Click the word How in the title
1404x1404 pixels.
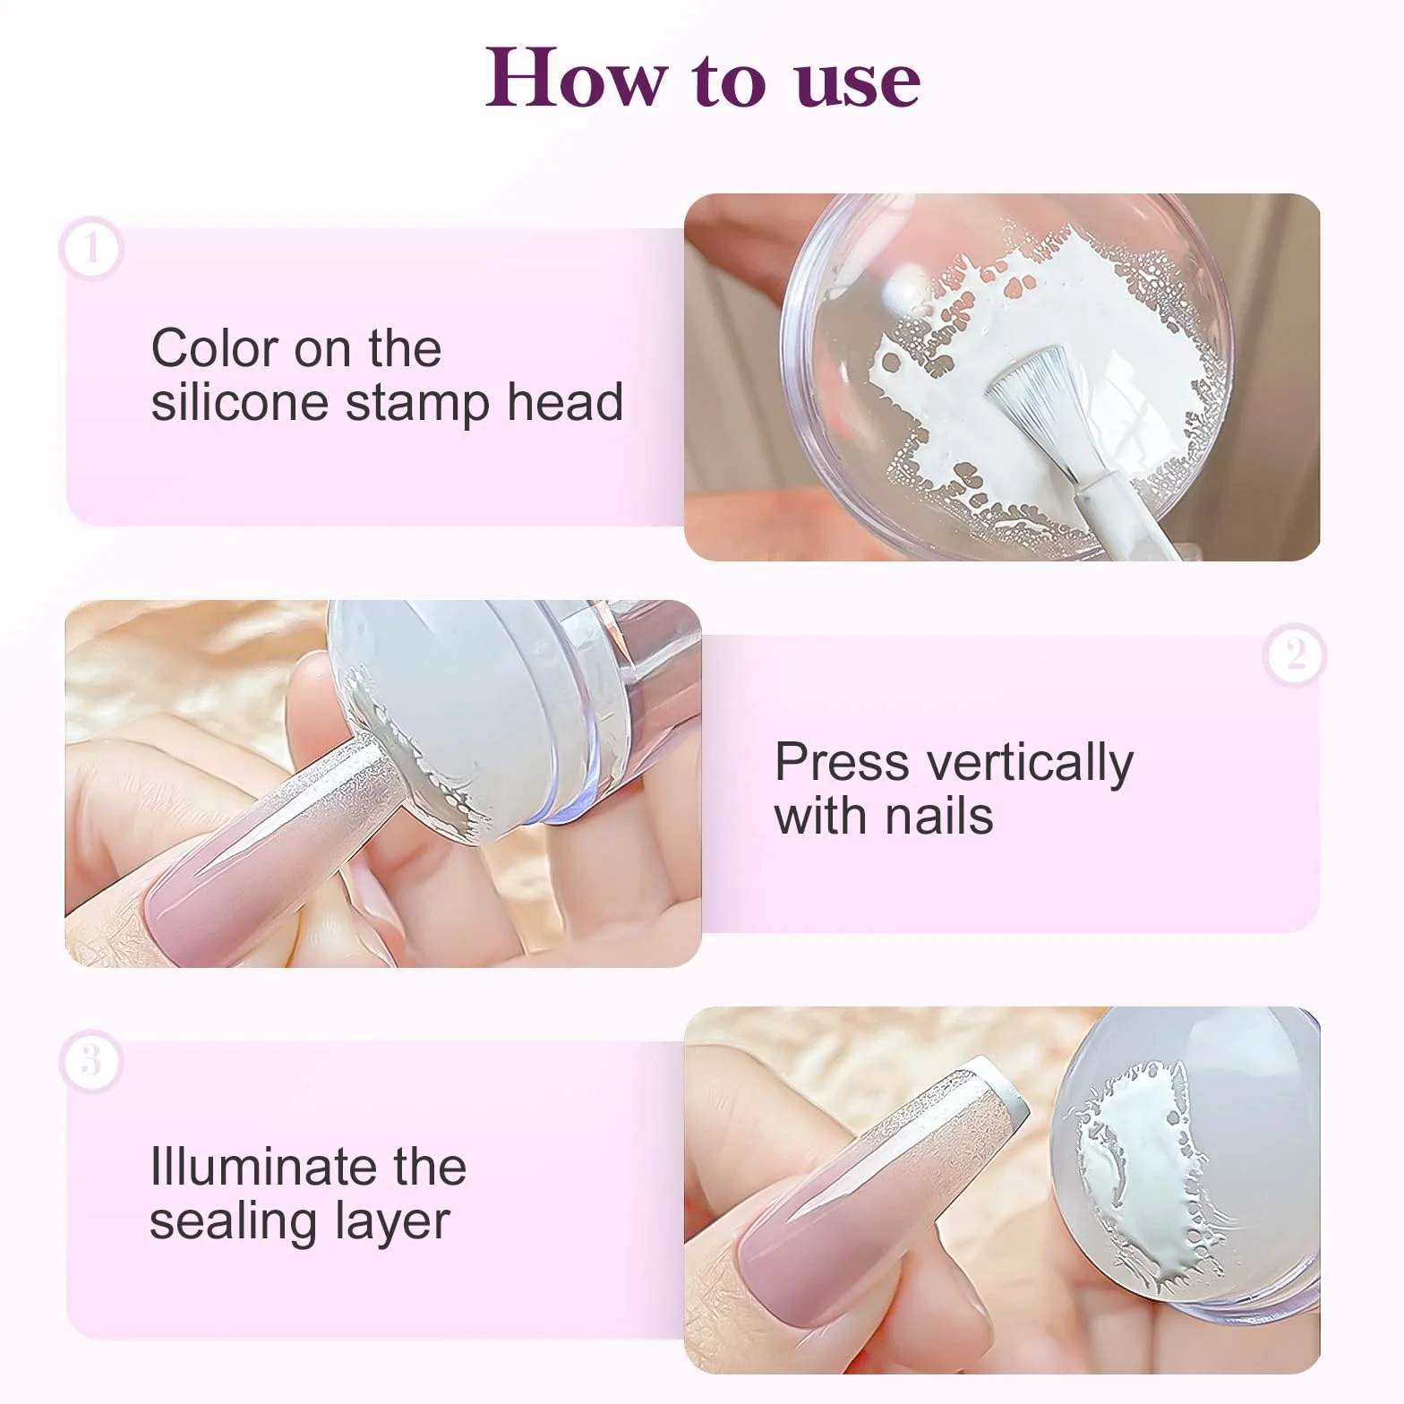tap(576, 77)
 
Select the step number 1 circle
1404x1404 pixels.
tap(90, 248)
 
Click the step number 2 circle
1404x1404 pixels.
tap(1295, 655)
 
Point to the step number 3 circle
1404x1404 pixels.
tap(90, 1062)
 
